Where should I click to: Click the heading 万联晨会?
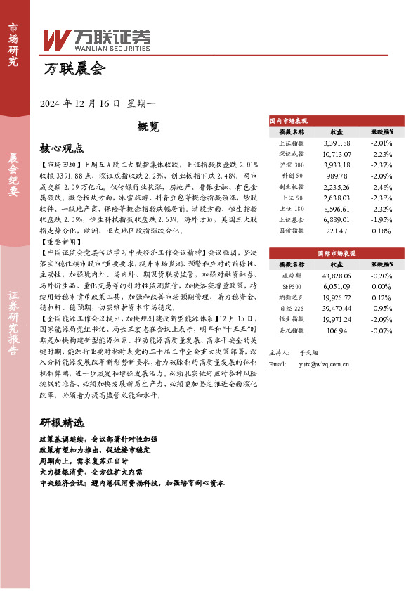click(x=74, y=70)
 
